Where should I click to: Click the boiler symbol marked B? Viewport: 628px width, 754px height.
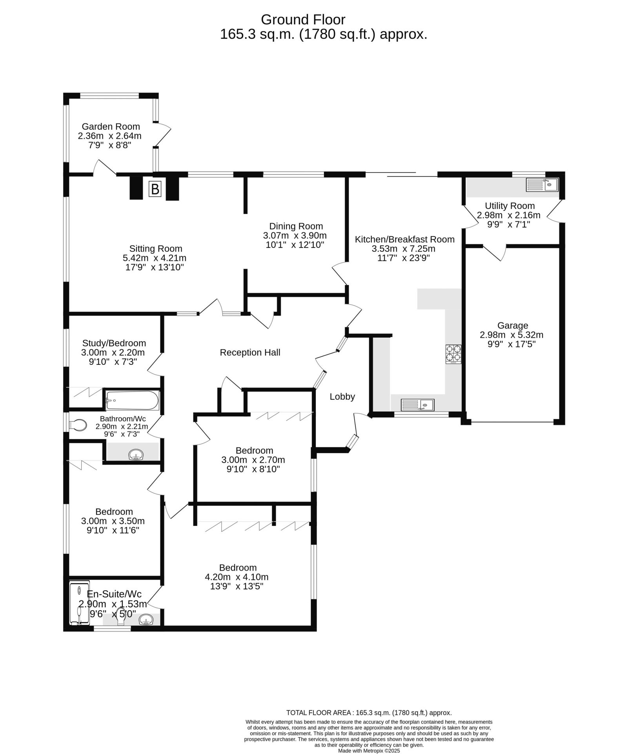pos(155,189)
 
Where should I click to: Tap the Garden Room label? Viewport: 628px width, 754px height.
pos(111,126)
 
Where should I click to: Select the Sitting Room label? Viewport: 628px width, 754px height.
pos(156,249)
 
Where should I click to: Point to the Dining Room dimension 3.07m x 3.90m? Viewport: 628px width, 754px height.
pos(295,236)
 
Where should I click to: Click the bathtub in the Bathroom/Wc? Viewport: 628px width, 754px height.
pos(132,400)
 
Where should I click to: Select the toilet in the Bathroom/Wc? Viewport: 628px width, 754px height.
pos(78,425)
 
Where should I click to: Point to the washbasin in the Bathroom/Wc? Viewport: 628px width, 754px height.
pos(136,455)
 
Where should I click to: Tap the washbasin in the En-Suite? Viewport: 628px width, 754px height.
pos(146,619)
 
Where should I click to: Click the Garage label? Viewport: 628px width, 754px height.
pos(513,326)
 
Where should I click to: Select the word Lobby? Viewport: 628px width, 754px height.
pos(342,397)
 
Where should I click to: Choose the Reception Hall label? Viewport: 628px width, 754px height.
pos(250,353)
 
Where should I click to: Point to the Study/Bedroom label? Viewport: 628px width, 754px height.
pos(114,344)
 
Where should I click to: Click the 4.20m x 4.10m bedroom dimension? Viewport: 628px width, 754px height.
pos(237,577)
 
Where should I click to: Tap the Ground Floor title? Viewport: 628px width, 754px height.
pos(303,19)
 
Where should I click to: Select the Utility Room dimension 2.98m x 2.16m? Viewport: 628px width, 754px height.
pos(508,215)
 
